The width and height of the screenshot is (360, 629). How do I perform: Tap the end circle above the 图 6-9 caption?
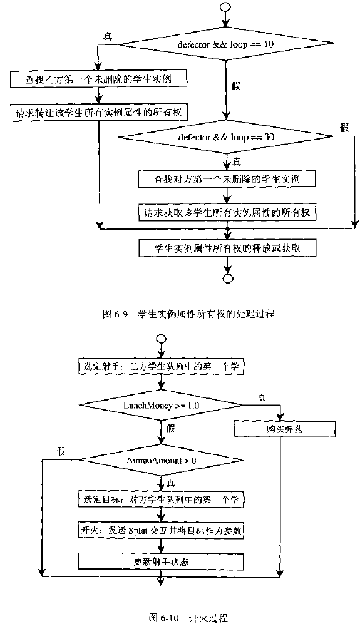tap(227, 279)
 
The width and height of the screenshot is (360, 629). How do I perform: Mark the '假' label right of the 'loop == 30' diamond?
tap(343, 127)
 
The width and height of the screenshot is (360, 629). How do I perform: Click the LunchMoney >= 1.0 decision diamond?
tap(162, 406)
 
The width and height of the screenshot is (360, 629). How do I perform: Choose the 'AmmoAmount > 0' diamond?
tap(162, 461)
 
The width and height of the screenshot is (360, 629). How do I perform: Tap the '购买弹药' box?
tap(278, 429)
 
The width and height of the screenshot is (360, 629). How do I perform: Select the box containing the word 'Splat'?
tap(162, 529)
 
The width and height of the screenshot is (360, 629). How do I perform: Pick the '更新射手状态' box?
tap(162, 561)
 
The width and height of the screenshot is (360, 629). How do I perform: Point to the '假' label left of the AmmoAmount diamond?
tap(61, 451)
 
